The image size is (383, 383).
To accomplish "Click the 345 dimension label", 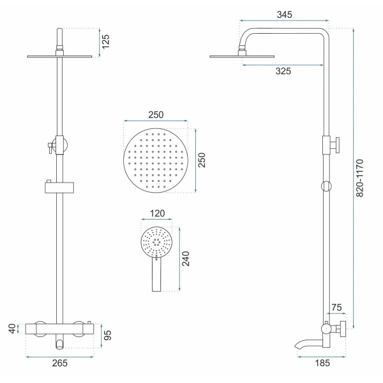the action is (284, 15).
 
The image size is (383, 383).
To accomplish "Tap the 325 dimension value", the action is (283, 71).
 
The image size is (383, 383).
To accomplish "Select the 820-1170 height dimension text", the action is (359, 178).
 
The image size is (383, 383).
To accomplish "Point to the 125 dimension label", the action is (105, 41).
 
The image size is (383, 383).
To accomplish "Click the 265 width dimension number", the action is (59, 363).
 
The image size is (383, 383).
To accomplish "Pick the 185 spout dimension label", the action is (322, 363).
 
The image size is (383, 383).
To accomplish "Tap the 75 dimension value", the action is (336, 307).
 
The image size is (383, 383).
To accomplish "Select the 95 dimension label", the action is (107, 335).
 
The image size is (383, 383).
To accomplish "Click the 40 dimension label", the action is (12, 328).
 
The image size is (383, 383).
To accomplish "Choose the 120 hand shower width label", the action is (157, 213).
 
